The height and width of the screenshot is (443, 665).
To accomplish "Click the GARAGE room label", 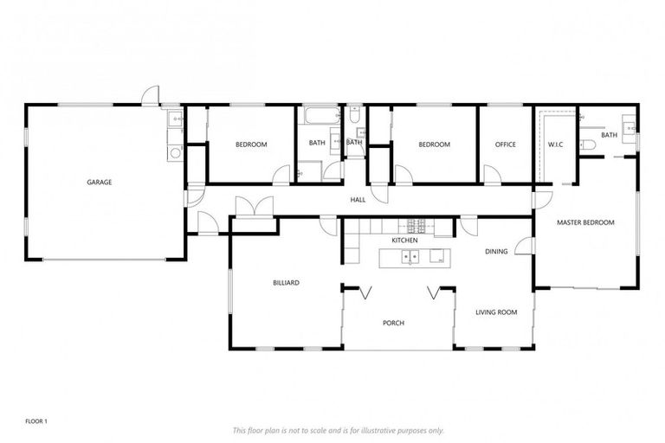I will [x=100, y=182].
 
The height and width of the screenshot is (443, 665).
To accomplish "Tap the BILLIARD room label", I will [x=286, y=282].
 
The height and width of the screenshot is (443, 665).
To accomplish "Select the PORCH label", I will [x=394, y=323].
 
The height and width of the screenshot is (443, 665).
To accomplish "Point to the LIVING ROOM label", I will [x=496, y=311].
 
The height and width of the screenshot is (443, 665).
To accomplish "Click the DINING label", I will [x=496, y=251].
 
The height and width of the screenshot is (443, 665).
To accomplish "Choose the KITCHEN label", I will [x=404, y=240].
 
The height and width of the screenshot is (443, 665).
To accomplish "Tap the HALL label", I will [x=358, y=200].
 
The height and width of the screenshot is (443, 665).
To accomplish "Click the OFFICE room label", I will [x=506, y=144].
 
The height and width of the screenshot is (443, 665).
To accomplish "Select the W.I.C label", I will [x=556, y=144].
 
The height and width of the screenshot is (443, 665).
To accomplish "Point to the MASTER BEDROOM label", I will [x=585, y=222].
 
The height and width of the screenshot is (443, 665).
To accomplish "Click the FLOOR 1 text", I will [x=36, y=421].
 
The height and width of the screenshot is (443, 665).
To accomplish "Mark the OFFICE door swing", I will [x=491, y=175].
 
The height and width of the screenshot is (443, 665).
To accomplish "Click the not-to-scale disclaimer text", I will [x=339, y=430].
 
